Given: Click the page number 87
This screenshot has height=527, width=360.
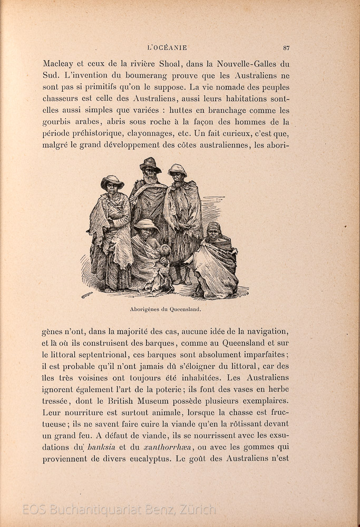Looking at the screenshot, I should tap(286, 48).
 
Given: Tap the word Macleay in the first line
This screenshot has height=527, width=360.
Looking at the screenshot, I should tap(59, 64).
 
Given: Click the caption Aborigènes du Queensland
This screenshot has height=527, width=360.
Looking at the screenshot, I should tap(166, 309).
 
